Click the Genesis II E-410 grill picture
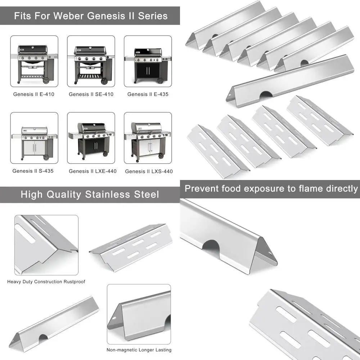coord(34,61)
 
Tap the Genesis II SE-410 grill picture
coord(91,61)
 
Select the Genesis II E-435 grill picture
coord(148,61)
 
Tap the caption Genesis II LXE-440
coord(93,171)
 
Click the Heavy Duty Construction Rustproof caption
coord(46,282)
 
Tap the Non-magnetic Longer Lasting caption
coord(139,350)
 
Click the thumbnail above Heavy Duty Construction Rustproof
coord(46,245)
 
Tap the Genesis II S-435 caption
coord(33,171)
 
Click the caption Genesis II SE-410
coord(91,94)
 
